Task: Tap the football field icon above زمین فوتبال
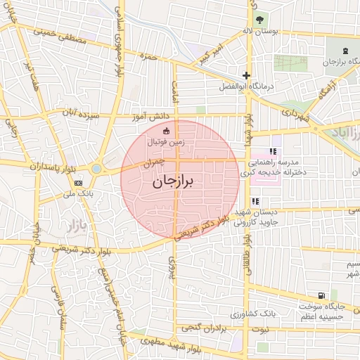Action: click(x=166, y=130)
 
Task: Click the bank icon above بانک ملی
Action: click(x=77, y=182)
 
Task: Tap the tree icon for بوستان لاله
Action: click(x=261, y=19)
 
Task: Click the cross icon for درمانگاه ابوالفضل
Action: click(x=246, y=75)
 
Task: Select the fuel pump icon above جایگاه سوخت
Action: click(x=321, y=296)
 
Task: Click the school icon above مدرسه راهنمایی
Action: click(x=273, y=150)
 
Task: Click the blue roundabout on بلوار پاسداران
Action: click(x=96, y=168)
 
